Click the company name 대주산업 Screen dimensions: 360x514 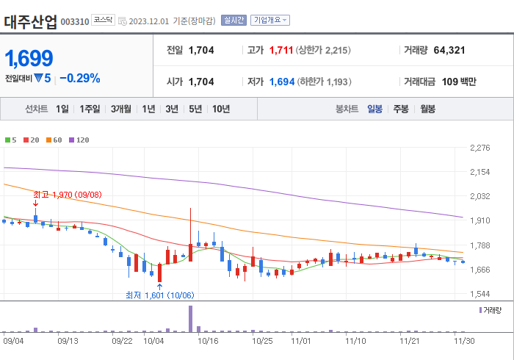(30, 21)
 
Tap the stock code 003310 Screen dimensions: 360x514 (74, 22)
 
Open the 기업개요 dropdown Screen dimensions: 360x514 (270, 21)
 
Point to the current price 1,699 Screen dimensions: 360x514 (29, 57)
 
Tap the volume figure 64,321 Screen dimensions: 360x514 (449, 51)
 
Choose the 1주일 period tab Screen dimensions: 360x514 (90, 109)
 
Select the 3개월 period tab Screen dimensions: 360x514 (121, 109)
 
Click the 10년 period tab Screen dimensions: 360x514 (220, 109)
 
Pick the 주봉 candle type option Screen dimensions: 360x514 (400, 109)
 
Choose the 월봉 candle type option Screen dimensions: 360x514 (427, 109)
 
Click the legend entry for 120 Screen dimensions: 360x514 (79, 140)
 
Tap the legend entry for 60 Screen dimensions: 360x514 (54, 140)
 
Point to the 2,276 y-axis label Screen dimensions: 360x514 (479, 148)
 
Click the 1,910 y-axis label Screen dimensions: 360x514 (479, 220)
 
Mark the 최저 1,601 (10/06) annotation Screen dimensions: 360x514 (159, 295)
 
